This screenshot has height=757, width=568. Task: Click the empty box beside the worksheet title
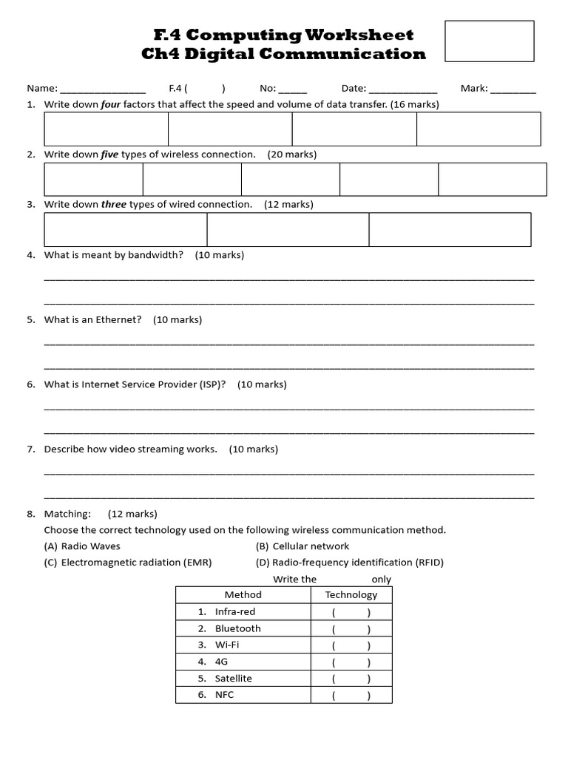pos(489,41)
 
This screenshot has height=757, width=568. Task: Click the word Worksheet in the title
pos(359,35)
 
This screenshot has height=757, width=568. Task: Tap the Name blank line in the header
pos(103,89)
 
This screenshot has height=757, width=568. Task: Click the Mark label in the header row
pos(473,88)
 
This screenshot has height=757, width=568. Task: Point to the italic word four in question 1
pos(110,104)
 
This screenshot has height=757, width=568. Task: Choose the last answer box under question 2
pos(492,179)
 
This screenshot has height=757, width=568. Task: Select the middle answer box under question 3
pos(288,229)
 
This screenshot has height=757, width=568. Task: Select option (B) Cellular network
pos(302,546)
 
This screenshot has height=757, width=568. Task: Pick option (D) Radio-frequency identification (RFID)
pos(350,563)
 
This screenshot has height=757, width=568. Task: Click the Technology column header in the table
pos(351,594)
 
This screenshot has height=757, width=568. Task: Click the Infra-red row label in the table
pos(234,611)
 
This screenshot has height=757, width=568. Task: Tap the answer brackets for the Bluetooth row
pos(351,629)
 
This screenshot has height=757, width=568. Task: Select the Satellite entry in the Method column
pos(233,678)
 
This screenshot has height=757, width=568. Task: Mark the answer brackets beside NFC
pos(351,696)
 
